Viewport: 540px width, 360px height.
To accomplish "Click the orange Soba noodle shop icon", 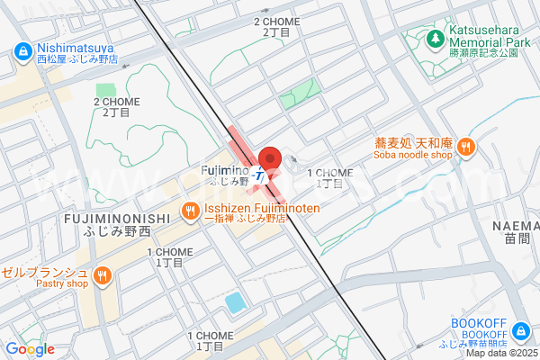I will tap(465, 148).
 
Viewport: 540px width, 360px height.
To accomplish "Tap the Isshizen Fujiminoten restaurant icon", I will tap(190, 212).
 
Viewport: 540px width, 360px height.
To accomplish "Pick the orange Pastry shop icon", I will tap(103, 274).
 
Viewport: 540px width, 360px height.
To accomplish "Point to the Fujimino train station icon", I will tap(260, 175).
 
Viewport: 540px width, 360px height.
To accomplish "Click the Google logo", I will tap(30, 349).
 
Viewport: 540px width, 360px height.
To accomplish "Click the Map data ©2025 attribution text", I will tap(502, 353).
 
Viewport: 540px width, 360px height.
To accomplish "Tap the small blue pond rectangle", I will tap(235, 302).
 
